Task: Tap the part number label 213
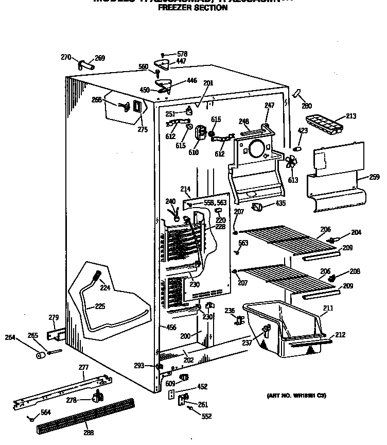pos(351,116)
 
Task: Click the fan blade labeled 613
pos(292,163)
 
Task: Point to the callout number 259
pos(374,177)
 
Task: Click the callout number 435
pos(280,204)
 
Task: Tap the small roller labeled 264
pos(40,356)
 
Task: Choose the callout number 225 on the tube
pos(99,306)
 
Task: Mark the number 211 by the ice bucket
pos(328,308)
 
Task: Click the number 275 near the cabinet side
pos(143,130)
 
